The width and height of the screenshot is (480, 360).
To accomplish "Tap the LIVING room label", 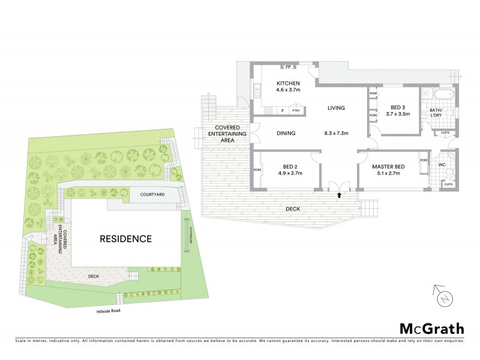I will [336, 109].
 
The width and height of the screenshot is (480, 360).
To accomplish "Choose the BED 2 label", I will [292, 166].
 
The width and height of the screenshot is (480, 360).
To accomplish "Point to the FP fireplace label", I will [288, 67].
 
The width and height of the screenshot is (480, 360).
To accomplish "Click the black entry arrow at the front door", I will [339, 195].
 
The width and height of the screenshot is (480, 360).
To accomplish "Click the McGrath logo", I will [431, 328].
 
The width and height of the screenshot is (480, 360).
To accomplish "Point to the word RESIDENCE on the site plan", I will [125, 238].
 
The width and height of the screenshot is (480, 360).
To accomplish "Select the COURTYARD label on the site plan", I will [152, 195].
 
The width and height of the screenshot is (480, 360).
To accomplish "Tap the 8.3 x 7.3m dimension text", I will [336, 133].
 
